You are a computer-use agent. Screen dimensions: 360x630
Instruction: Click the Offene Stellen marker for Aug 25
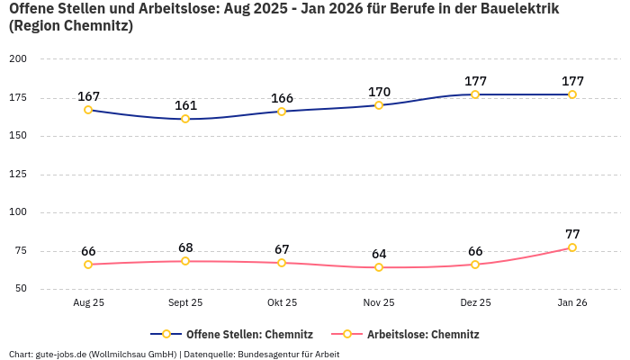[x=88, y=110]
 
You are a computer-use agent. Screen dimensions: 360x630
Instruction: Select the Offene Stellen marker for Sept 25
[x=185, y=119]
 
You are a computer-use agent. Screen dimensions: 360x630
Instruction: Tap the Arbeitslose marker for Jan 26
[x=572, y=247]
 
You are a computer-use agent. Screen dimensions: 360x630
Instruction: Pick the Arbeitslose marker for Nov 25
[x=379, y=267]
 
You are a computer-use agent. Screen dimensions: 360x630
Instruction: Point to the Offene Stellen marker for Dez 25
[x=475, y=94]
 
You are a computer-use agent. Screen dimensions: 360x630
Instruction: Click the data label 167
[x=88, y=96]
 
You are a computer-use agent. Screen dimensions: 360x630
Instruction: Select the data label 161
[x=185, y=105]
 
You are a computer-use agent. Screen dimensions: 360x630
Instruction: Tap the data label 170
[x=379, y=92]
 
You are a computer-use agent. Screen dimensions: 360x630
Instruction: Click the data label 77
[x=572, y=234]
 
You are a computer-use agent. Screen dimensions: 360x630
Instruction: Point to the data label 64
[x=379, y=254]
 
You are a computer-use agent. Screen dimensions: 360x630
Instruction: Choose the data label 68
[x=185, y=247]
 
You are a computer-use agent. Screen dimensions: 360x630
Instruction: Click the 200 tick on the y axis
[x=18, y=58]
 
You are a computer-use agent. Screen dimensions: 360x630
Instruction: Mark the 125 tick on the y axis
[x=18, y=175]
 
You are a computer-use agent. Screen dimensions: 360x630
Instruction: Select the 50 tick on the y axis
[x=21, y=289]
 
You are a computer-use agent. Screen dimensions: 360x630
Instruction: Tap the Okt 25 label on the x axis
[x=282, y=303]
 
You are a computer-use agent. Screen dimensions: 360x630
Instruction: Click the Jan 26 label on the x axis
[x=572, y=303]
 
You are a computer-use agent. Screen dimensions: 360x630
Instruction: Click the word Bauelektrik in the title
[x=517, y=9]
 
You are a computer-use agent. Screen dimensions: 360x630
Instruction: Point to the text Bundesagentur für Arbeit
[x=288, y=354]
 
